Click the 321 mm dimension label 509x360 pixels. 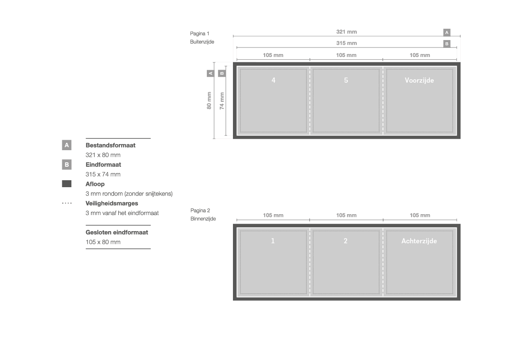(346, 32)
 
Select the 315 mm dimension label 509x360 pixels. (346, 43)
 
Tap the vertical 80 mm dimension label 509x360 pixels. (209, 101)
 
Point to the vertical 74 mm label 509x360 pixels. (222, 101)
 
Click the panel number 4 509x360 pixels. (273, 80)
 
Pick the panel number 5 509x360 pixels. (346, 80)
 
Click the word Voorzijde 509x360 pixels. (419, 81)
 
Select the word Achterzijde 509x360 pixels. (419, 241)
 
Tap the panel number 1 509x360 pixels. (273, 241)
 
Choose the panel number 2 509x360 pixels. (345, 241)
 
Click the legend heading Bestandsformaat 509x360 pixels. (110, 145)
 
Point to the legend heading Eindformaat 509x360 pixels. (103, 165)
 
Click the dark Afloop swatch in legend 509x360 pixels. (67, 184)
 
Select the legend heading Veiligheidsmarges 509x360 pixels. (111, 204)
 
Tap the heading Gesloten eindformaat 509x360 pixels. (117, 232)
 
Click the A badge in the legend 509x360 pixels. (67, 145)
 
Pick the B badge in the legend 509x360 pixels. (67, 165)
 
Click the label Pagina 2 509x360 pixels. (200, 210)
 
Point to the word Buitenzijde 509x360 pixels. (202, 42)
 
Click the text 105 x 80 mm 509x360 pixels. (103, 242)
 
